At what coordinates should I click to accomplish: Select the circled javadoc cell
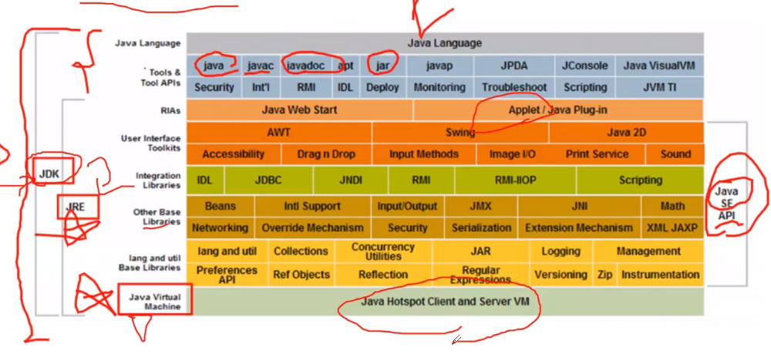click(306, 66)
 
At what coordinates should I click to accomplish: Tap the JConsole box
click(584, 66)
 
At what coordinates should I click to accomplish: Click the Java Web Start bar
click(299, 110)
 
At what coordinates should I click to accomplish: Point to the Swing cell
click(460, 133)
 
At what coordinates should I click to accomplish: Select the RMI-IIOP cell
click(515, 180)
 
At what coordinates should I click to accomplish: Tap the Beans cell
click(221, 207)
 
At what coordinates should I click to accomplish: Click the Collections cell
click(301, 251)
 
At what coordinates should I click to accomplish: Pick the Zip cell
click(604, 275)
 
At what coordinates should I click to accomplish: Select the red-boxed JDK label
click(49, 173)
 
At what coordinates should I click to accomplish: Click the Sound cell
click(675, 154)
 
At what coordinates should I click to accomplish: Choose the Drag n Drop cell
click(326, 154)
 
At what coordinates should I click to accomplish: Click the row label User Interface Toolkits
click(151, 143)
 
